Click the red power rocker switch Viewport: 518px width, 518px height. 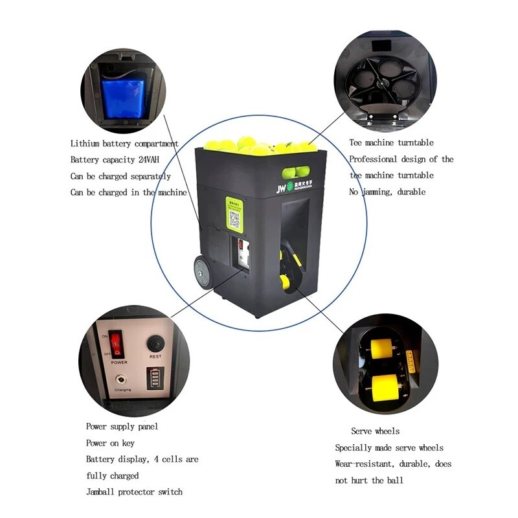(x=116, y=344)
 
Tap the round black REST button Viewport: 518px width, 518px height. (x=155, y=343)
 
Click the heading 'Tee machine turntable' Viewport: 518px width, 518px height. (x=391, y=142)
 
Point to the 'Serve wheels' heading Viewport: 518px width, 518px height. (x=375, y=431)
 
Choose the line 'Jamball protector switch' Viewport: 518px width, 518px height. (x=134, y=492)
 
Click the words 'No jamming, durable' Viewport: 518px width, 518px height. (x=387, y=192)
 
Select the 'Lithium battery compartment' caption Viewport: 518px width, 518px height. (x=124, y=143)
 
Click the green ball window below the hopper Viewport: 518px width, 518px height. (x=296, y=172)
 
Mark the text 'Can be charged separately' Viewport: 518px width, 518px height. (x=120, y=176)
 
